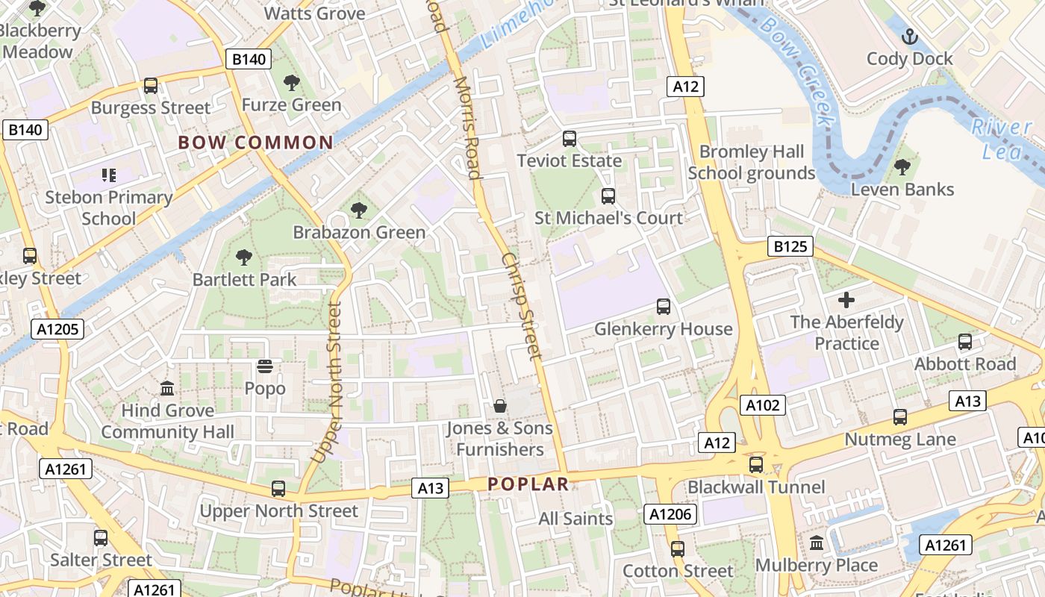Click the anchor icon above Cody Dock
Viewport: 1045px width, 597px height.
pyautogui.click(x=910, y=35)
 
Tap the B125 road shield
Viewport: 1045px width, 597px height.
pyautogui.click(x=790, y=246)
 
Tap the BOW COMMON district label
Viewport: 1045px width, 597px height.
pyautogui.click(x=255, y=143)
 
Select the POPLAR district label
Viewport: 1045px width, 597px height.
pyautogui.click(x=528, y=484)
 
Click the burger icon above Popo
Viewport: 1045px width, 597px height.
pyautogui.click(x=265, y=366)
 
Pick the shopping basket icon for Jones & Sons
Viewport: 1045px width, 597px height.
pyautogui.click(x=500, y=406)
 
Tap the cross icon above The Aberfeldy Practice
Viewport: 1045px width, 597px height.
pyautogui.click(x=846, y=300)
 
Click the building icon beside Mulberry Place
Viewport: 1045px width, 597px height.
pyautogui.click(x=816, y=543)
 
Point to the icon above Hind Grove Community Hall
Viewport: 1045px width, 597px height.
pyautogui.click(x=167, y=389)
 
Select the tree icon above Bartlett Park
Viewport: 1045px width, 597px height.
pyautogui.click(x=243, y=257)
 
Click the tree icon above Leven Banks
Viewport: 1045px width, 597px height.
pyautogui.click(x=902, y=167)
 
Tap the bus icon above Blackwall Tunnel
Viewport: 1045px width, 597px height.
pyautogui.click(x=756, y=464)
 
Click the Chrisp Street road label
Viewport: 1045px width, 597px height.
pyautogui.click(x=520, y=306)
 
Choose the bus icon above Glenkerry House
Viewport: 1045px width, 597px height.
pyautogui.click(x=663, y=306)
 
